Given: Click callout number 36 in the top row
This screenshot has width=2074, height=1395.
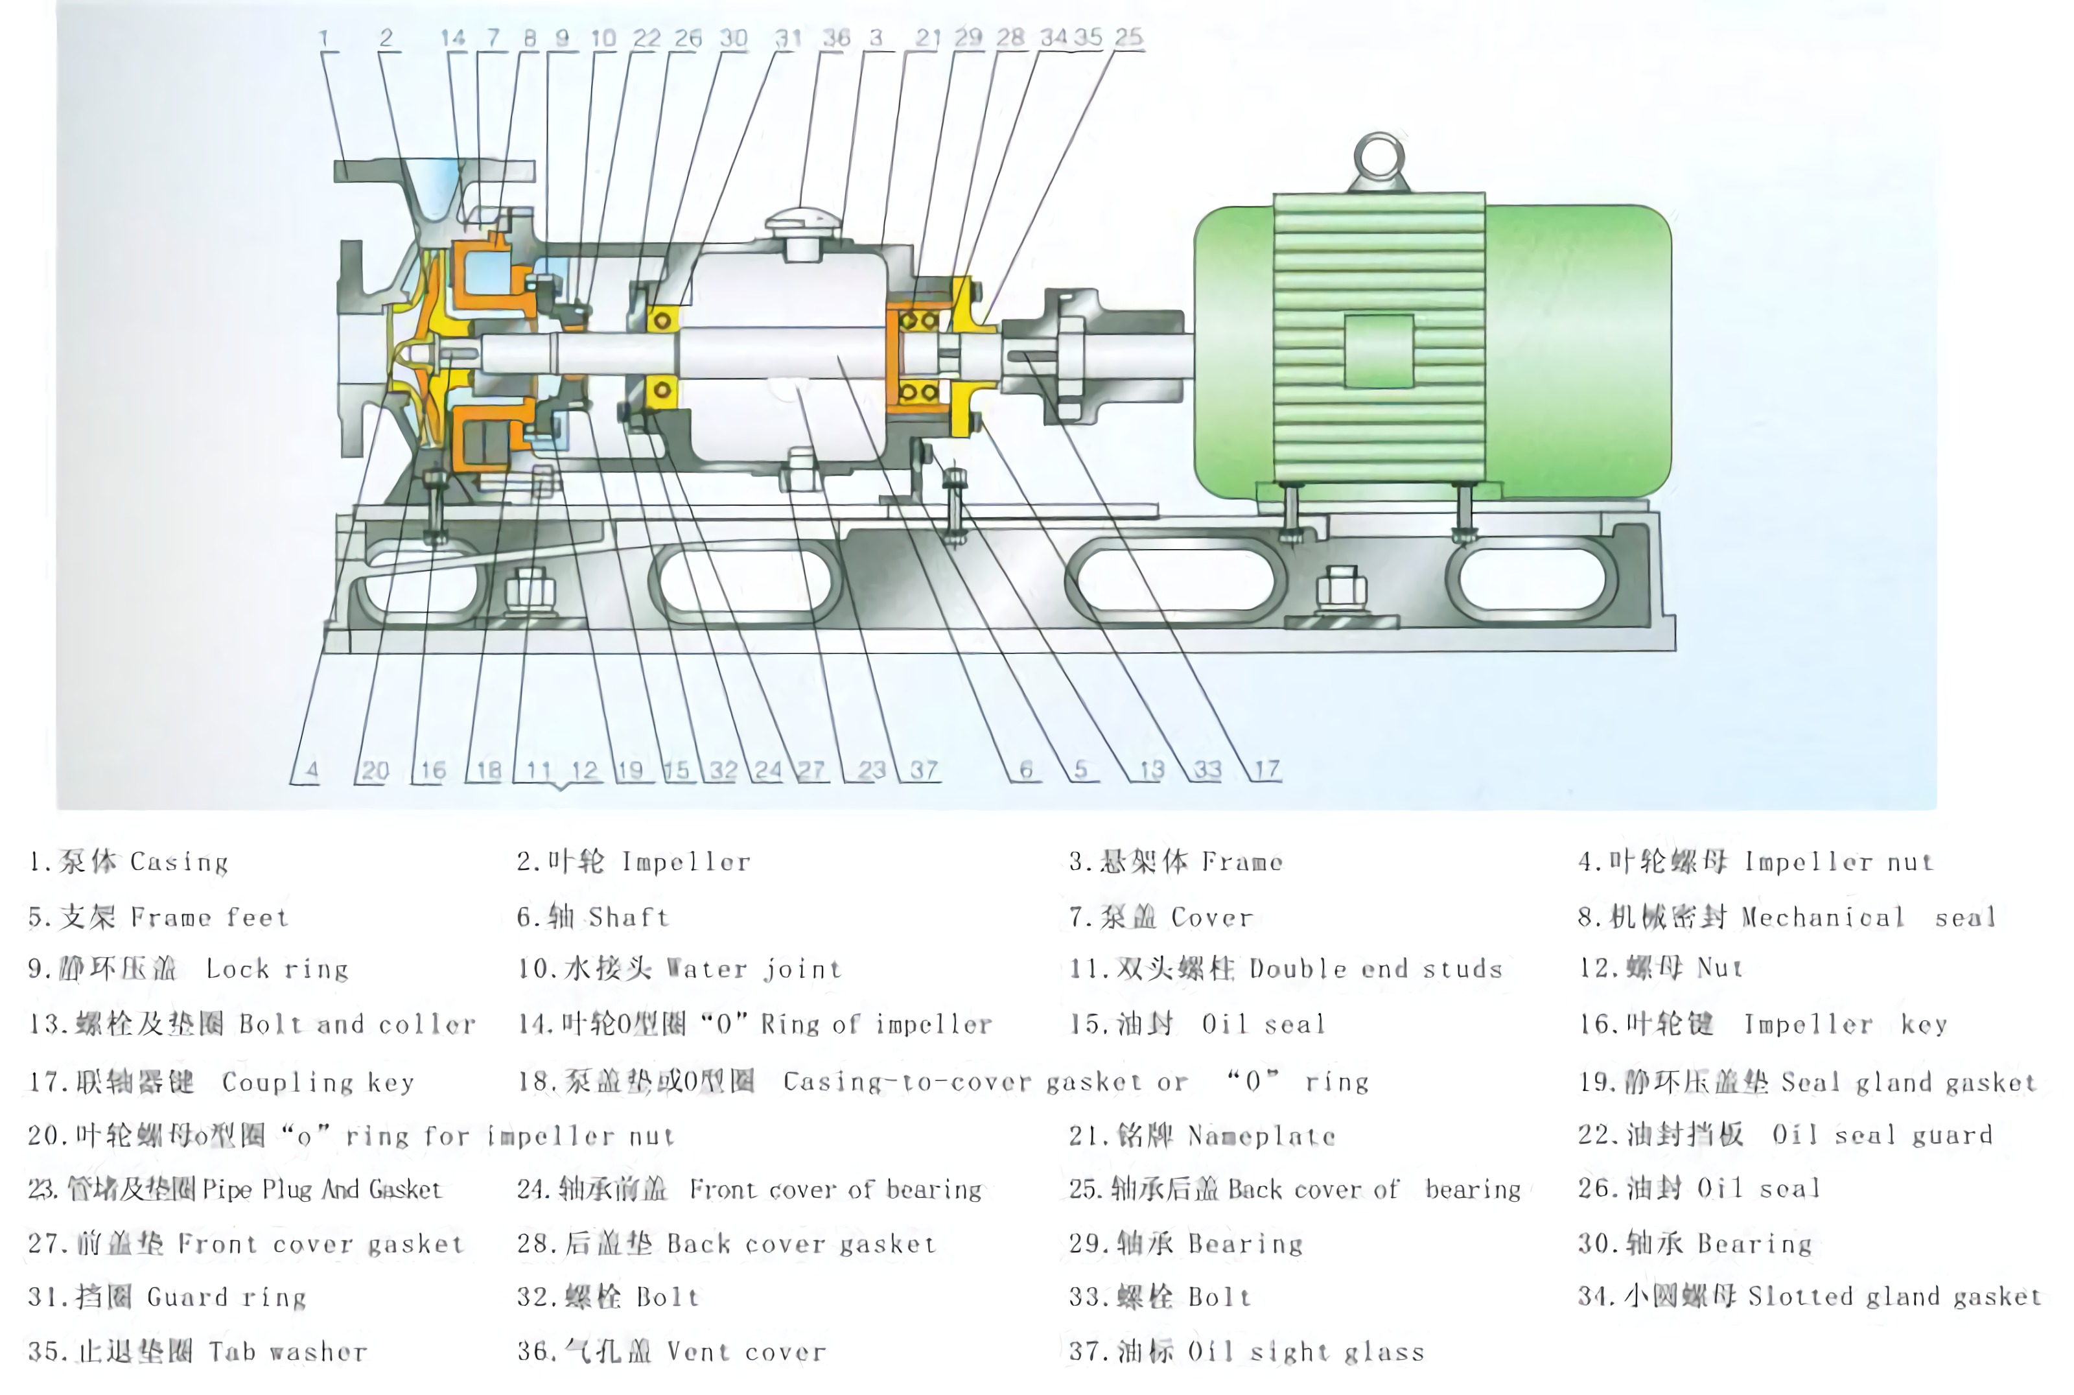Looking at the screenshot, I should coord(835,38).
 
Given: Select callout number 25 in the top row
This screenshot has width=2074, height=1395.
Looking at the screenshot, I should coord(1128,38).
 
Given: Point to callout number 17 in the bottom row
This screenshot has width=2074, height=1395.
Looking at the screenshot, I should coord(1266,769).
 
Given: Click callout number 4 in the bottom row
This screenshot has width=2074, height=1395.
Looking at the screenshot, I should coord(311,769).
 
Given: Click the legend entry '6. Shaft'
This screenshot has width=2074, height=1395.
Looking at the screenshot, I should coord(592,917).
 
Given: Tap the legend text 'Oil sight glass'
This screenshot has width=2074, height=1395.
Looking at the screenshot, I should coord(1305,1352).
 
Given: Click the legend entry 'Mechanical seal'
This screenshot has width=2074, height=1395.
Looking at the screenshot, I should coord(1868,917).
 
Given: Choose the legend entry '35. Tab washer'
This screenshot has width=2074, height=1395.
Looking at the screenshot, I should coord(198,1352).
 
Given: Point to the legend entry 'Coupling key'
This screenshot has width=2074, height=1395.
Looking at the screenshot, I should coord(318,1082).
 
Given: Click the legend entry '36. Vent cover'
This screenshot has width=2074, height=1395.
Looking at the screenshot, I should coord(671,1352).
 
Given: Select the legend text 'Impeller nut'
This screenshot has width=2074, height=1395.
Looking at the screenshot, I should coord(1838,862).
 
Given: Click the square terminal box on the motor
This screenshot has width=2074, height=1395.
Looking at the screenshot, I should coord(1378,351).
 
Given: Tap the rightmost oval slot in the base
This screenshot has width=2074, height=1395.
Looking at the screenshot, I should coord(1532,579).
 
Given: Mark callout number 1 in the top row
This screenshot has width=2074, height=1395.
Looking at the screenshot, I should coord(323,38).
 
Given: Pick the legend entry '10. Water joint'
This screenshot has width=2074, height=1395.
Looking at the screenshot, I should coord(679,968).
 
